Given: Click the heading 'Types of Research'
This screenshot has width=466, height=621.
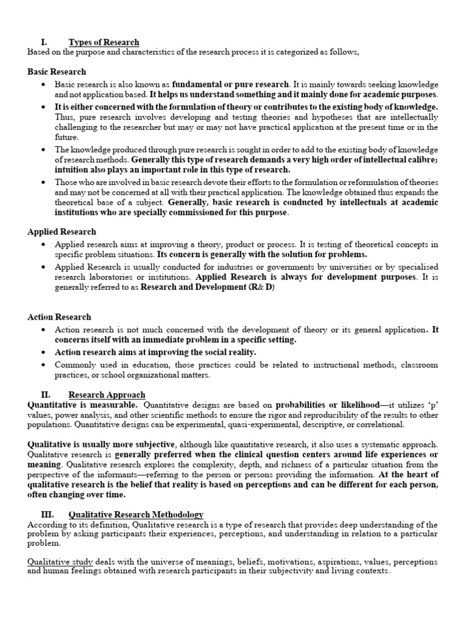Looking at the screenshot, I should [104, 42].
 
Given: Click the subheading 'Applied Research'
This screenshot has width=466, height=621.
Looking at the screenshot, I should [61, 232].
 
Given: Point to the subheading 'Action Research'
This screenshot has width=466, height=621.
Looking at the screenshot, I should [59, 317].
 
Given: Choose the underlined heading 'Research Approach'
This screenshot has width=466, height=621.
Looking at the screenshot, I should [107, 394].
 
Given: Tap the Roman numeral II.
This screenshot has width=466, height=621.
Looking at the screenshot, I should [46, 394].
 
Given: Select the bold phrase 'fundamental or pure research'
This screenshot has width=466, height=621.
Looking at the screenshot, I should [231, 84].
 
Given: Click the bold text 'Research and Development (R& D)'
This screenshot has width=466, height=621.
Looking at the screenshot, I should [208, 287].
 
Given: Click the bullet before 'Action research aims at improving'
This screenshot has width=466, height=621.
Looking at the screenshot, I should [44, 352].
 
